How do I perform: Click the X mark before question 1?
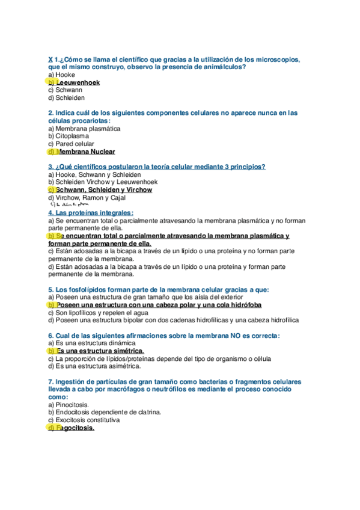point(50,60)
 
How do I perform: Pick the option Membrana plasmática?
point(84,128)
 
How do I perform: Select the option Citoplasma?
point(71,136)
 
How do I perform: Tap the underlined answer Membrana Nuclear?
point(84,152)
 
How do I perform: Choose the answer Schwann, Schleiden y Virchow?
point(102,189)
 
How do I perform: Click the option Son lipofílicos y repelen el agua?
point(98,313)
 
